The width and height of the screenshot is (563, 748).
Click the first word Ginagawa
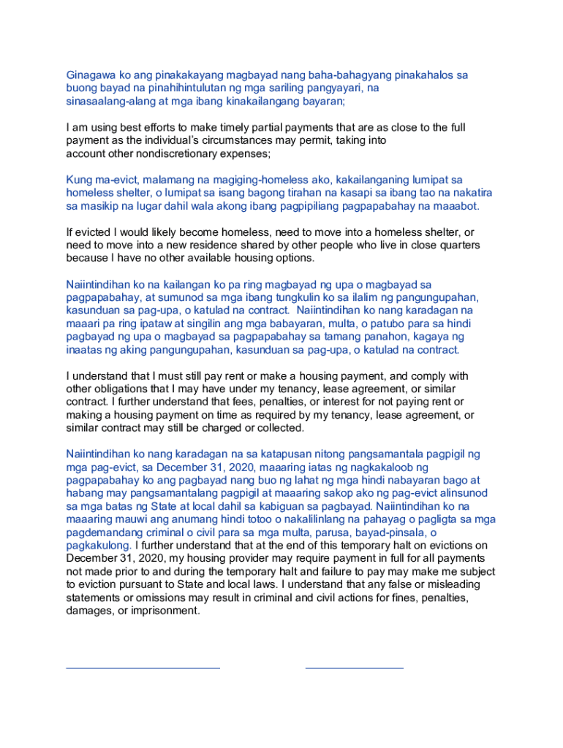pos(91,75)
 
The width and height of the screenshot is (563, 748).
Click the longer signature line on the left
pos(143,668)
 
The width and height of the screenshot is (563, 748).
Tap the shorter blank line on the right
pos(354,668)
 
